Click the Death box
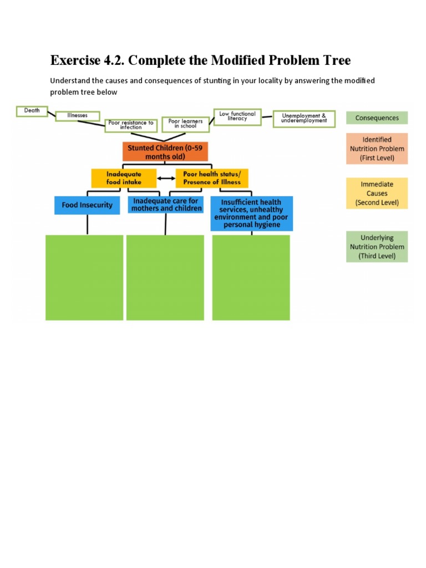click(32, 110)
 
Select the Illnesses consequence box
click(78, 115)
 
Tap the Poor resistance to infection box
click(131, 125)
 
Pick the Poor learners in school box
click(185, 124)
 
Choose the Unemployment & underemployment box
click(304, 118)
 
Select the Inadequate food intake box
click(124, 178)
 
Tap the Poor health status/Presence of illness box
click(212, 178)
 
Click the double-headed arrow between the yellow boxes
click(166, 179)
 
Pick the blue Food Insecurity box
click(87, 205)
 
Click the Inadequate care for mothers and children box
click(165, 205)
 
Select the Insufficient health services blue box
click(252, 214)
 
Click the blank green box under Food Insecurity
click(84, 277)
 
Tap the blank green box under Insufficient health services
click(251, 277)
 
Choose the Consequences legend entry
click(377, 118)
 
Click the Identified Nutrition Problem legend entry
click(377, 149)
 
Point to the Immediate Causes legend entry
click(377, 193)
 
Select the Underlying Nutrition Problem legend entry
click(377, 247)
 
